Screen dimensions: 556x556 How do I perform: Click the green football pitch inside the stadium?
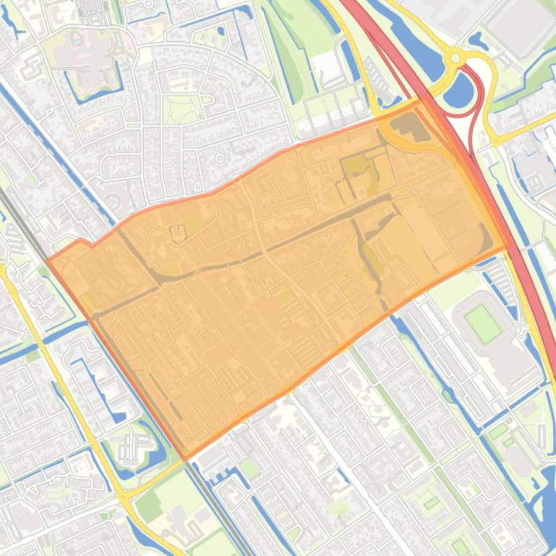click(x=483, y=323)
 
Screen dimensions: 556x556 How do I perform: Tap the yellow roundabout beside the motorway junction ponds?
click(x=455, y=58)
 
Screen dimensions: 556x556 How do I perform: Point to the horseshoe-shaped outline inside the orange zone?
click(x=177, y=233)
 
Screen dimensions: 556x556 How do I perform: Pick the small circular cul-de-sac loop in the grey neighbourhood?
click(x=220, y=156)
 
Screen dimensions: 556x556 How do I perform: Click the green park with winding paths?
click(x=181, y=108)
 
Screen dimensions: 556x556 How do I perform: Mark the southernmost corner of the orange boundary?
click(x=185, y=459)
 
